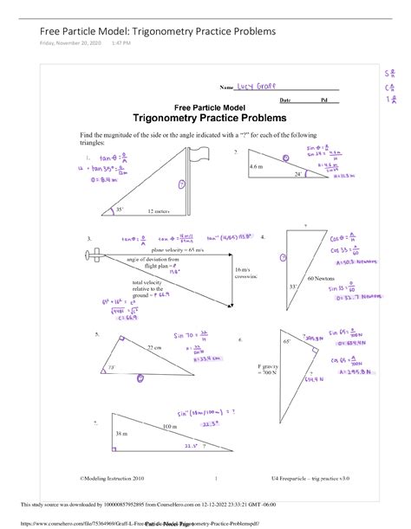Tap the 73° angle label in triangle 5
coord(112,368)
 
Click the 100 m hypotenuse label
coord(167,428)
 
